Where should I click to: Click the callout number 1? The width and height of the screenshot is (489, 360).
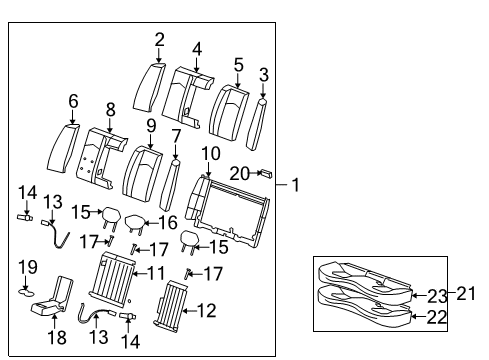point(296,185)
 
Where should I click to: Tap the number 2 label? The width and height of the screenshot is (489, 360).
point(159,40)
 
